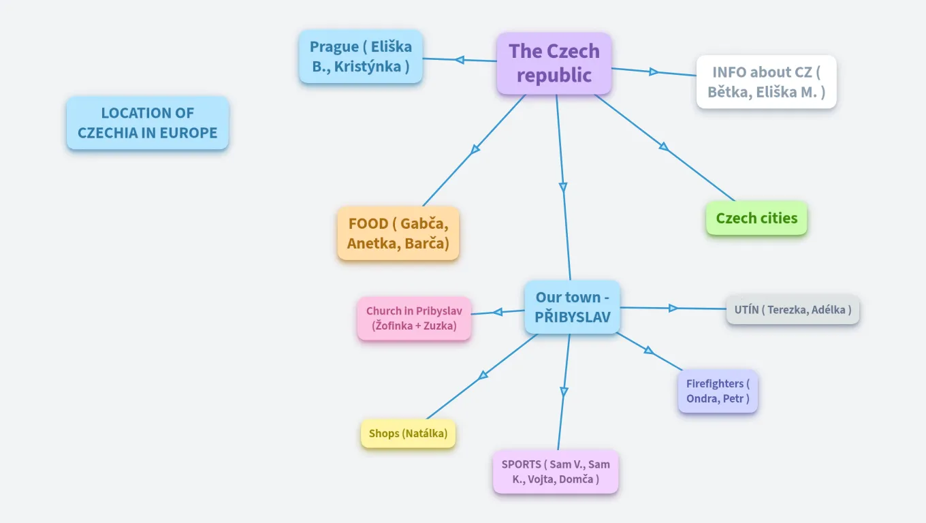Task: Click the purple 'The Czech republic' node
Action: point(554,63)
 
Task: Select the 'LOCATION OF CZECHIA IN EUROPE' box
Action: point(147,123)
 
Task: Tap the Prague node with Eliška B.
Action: point(360,57)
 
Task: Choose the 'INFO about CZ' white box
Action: point(766,82)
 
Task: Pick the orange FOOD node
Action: point(398,233)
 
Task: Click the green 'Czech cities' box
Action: point(756,218)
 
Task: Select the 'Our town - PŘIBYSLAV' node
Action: point(572,306)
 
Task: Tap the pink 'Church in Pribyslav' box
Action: point(414,318)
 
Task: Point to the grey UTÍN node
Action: point(793,310)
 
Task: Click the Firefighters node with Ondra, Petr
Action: point(718,391)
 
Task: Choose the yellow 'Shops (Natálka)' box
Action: point(408,433)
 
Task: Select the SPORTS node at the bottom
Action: point(556,471)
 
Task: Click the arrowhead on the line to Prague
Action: point(460,60)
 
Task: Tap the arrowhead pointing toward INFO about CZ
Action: point(654,72)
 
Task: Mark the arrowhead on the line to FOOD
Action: point(475,149)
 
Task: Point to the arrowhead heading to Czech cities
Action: point(664,146)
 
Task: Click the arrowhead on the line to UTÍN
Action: point(673,308)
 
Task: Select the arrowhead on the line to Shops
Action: point(483,375)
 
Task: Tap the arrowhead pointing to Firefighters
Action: point(649,351)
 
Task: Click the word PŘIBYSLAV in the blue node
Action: point(572,317)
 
